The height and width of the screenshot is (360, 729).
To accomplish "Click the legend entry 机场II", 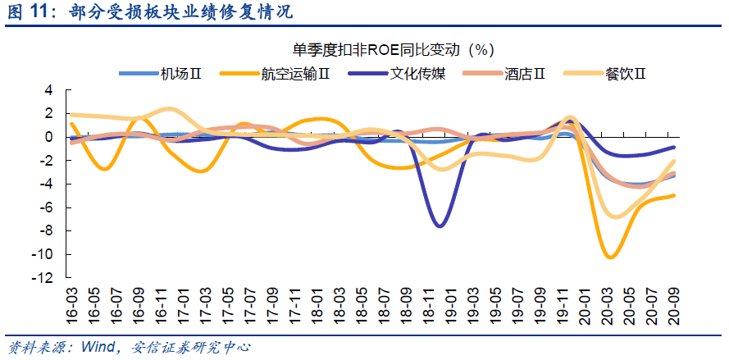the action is pos(160,74).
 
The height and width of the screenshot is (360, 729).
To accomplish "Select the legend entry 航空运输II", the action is pos(275,74).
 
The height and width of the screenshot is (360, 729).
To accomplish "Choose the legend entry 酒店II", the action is pos(504,74).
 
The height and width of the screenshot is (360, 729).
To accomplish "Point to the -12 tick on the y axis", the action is pos(45,278).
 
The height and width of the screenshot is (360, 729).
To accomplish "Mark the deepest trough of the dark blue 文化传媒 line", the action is pos(440,226).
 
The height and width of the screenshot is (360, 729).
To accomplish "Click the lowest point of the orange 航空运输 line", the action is pos(610,257).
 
